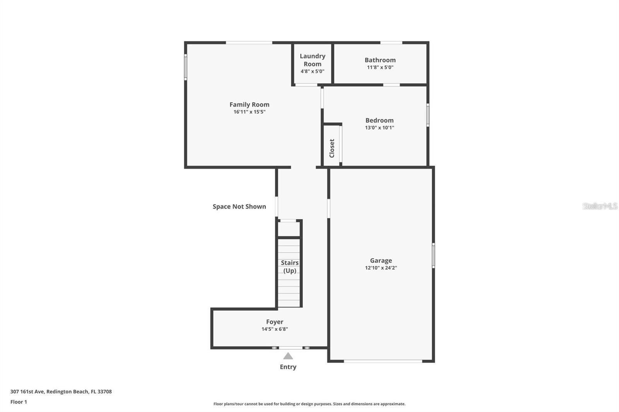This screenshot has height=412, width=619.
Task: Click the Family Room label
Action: pos(249,104)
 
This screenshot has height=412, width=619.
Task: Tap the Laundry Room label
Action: pos(312,60)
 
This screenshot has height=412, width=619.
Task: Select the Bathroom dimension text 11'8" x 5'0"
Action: pos(380,67)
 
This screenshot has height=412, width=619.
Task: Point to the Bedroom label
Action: pos(379,120)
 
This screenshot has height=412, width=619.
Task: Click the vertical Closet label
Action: pos(332,148)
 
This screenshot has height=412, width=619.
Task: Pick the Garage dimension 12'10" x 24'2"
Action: pos(381,267)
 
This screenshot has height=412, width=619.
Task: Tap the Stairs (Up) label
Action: pos(289,266)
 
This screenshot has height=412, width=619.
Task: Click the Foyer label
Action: pos(274,322)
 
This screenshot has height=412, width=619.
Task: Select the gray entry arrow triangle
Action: pos(288,356)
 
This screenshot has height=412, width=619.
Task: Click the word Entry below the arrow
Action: pos(288,367)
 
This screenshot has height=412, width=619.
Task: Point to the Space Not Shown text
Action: pos(239,206)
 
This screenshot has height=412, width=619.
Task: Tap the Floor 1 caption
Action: pos(19,402)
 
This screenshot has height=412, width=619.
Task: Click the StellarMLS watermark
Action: pos(600,206)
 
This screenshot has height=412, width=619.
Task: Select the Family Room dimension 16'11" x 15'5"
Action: pos(249,112)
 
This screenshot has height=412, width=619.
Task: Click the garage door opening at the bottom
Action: pos(383,361)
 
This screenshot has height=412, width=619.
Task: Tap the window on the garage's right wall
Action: pos(433,255)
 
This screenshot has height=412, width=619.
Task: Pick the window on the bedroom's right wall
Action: pos(427,114)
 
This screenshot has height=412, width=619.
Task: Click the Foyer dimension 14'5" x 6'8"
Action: pos(274,329)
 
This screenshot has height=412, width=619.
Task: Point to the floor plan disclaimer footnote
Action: pos(309,404)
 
